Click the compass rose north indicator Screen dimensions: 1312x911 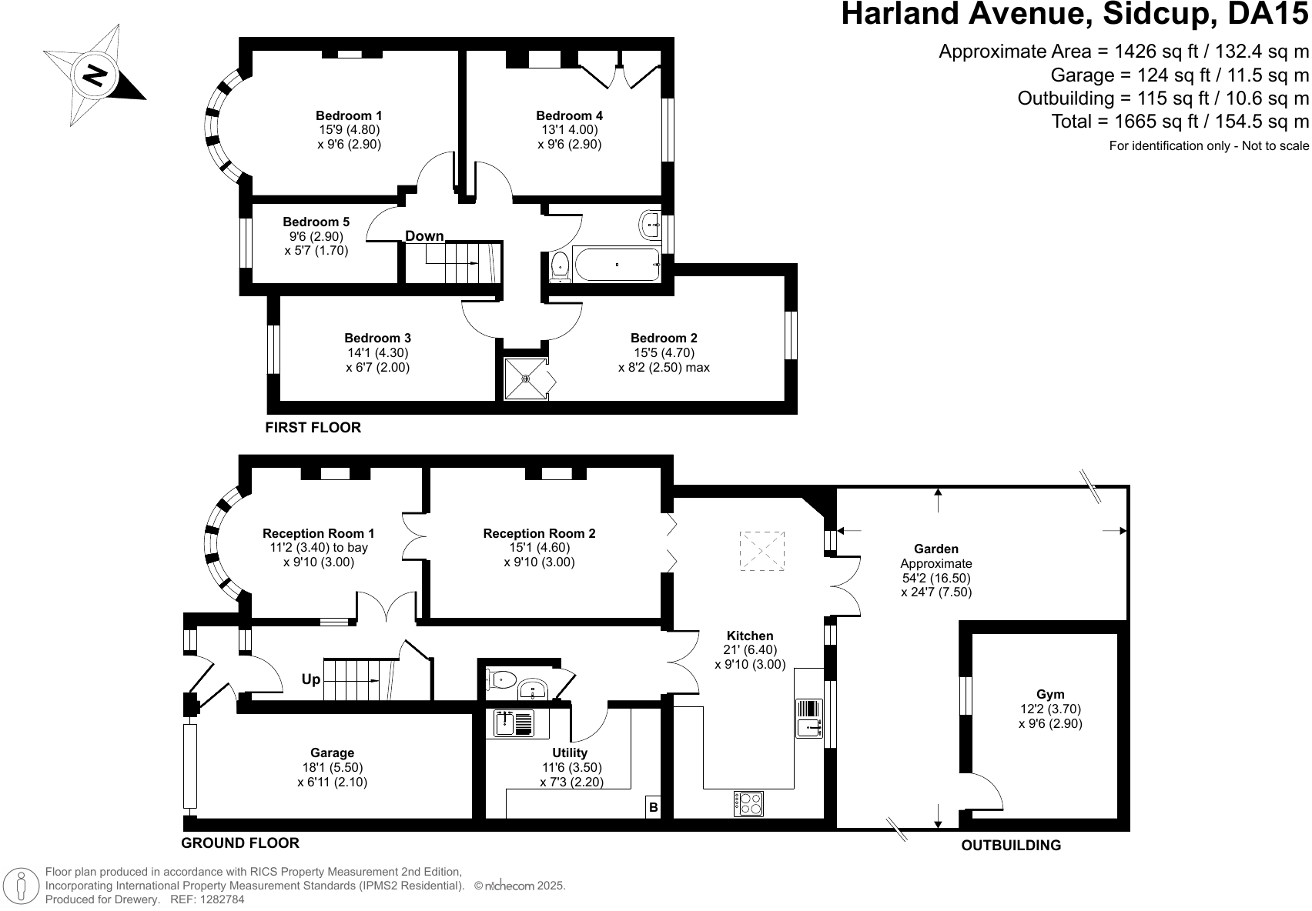click(95, 75)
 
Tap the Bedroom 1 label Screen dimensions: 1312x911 click(349, 115)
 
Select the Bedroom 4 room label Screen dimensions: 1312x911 click(569, 115)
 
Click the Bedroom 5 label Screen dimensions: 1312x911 click(316, 222)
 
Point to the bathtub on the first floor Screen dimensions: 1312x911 click(617, 265)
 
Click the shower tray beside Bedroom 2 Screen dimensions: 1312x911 click(526, 379)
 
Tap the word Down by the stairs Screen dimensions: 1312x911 click(424, 236)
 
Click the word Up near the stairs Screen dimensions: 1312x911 click(310, 679)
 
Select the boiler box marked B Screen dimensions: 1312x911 click(653, 807)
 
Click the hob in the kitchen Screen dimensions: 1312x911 click(748, 804)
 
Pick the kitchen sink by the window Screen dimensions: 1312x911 click(809, 718)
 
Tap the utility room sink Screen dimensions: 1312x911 click(513, 722)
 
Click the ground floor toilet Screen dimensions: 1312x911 click(500, 680)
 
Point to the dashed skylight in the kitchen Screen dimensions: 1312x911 click(761, 550)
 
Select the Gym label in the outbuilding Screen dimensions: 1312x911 click(1050, 694)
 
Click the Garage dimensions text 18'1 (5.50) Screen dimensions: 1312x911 click(332, 767)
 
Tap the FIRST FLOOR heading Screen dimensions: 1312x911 click(313, 427)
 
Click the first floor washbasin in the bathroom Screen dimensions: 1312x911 click(650, 225)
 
